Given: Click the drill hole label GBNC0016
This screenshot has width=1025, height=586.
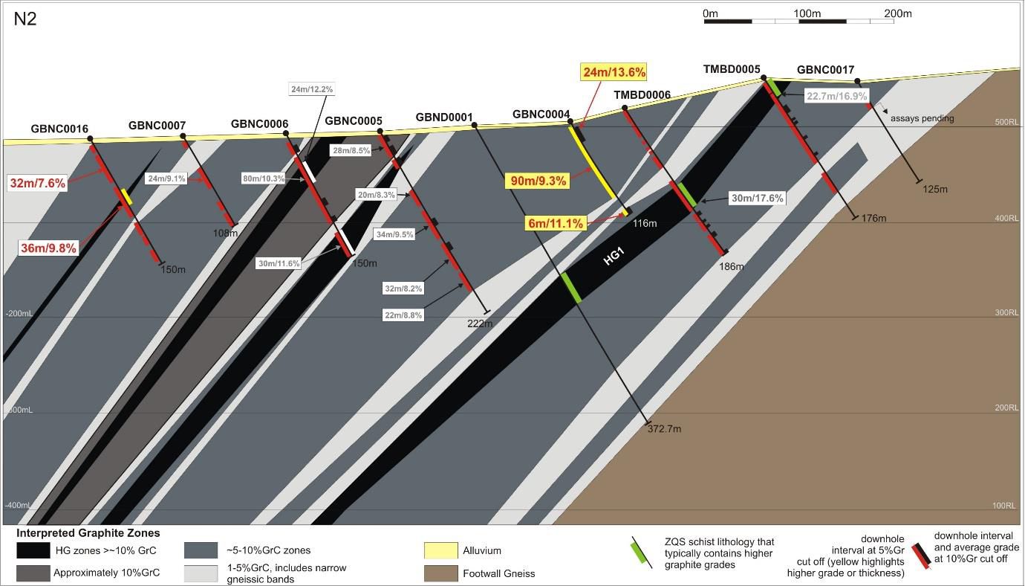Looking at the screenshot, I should (59, 129).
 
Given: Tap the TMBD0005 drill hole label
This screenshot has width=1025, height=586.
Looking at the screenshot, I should (732, 70).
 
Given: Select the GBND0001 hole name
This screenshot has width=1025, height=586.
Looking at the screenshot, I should (444, 117).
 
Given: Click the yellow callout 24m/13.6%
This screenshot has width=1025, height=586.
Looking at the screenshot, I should (614, 72).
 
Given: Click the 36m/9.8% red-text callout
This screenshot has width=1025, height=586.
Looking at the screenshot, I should (48, 248).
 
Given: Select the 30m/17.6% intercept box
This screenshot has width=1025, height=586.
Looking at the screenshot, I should (757, 199).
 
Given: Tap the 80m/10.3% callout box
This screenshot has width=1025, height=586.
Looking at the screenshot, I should (264, 178).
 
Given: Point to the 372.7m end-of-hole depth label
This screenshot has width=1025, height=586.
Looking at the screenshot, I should (664, 428).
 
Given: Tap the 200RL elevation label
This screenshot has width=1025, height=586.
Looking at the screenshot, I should (1006, 408).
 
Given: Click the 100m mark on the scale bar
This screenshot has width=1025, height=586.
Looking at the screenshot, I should (807, 13).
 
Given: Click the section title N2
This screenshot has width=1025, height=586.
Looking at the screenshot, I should (25, 19).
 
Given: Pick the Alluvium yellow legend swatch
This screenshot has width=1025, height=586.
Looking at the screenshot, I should (440, 551).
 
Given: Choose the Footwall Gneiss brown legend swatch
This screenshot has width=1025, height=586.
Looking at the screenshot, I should (440, 573).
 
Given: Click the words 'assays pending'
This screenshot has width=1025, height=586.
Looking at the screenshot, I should (922, 118).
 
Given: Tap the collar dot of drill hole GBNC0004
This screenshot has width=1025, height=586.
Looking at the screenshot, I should (570, 120).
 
